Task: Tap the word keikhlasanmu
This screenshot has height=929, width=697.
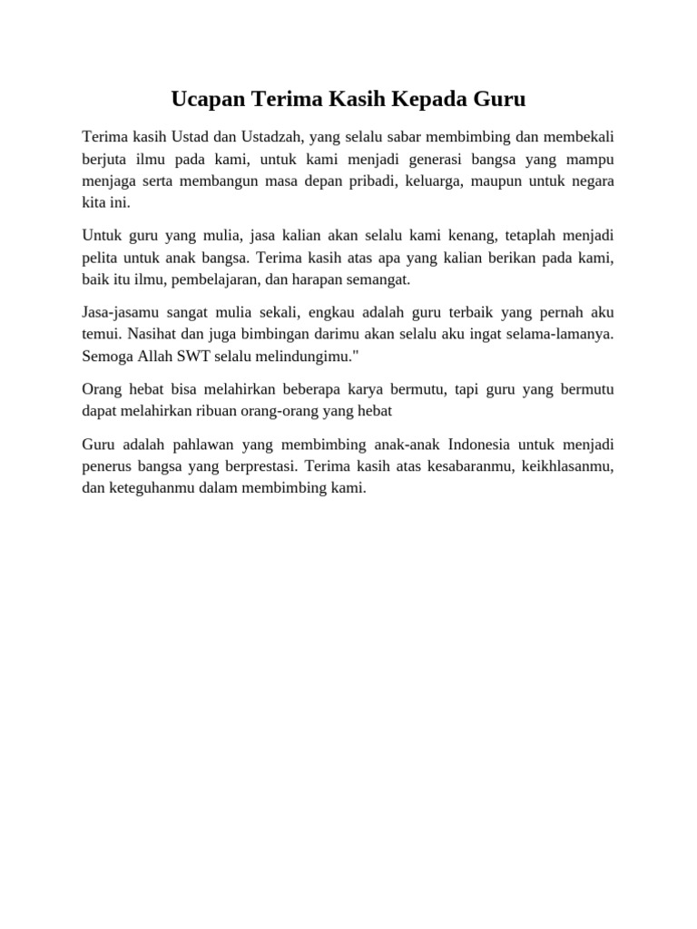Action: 568,466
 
